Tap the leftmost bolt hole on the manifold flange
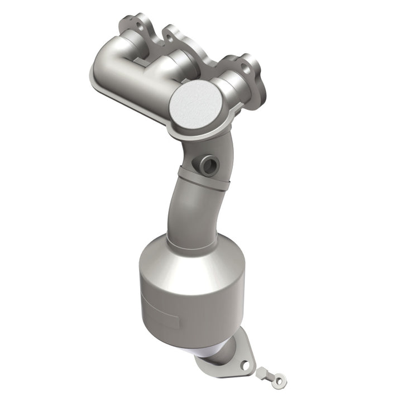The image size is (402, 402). coord(137,25)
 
